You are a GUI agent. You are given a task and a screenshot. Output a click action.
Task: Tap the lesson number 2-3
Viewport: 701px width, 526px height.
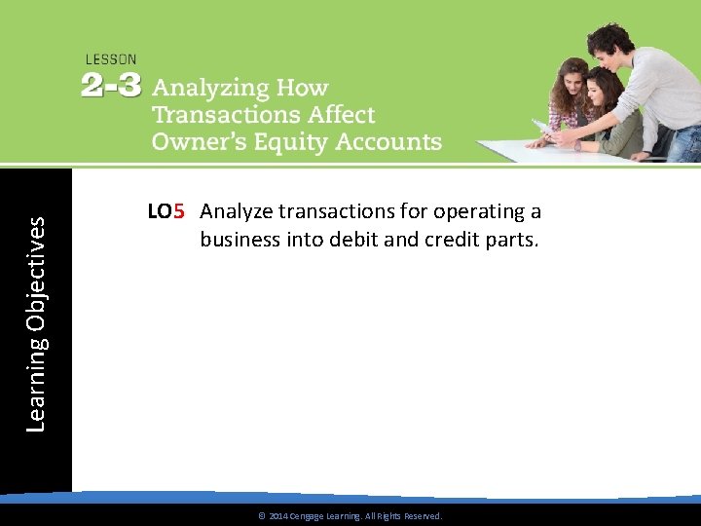(x=111, y=86)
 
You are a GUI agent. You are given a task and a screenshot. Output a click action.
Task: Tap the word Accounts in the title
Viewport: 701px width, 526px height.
(x=389, y=142)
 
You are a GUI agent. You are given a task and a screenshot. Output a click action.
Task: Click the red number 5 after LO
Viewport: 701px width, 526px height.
(x=179, y=211)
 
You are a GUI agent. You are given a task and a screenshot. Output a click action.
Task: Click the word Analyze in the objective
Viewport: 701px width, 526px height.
(x=237, y=211)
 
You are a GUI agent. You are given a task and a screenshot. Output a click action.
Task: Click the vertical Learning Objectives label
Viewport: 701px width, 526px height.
(x=35, y=323)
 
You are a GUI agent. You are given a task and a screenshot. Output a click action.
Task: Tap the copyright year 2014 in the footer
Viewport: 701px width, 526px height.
(x=277, y=516)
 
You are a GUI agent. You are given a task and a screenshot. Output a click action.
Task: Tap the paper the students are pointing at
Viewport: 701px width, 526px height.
(x=544, y=128)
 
